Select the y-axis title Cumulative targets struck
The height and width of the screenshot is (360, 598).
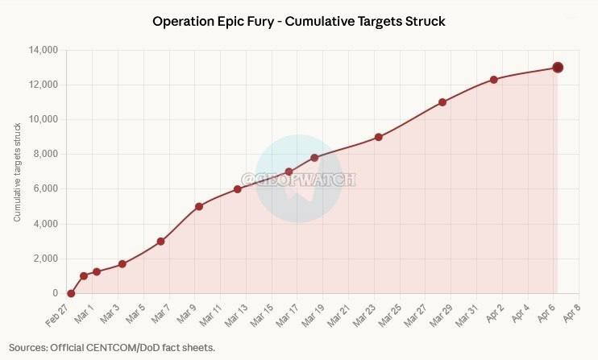pos(18,172)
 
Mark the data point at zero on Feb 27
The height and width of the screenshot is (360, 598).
pos(71,293)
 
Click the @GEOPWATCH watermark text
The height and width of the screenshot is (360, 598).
pos(298,180)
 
